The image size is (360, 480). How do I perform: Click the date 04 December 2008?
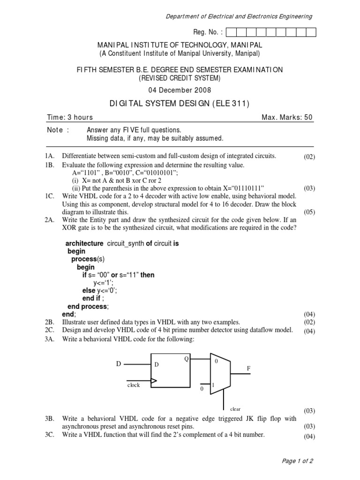(x=180, y=90)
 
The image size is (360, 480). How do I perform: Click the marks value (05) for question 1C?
(x=309, y=212)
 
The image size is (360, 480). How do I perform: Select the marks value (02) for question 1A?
(x=309, y=157)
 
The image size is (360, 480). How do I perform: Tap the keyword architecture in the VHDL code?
(x=84, y=243)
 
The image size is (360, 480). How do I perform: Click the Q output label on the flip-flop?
(x=186, y=359)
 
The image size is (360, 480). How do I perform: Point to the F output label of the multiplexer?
(x=249, y=369)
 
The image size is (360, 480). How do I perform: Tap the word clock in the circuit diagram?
(x=134, y=385)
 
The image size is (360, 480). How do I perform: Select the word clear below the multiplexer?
(x=235, y=409)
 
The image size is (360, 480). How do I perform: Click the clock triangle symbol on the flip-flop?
(x=153, y=381)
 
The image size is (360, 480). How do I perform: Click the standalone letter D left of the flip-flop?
(x=119, y=364)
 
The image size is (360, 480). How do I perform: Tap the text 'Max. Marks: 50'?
(x=287, y=117)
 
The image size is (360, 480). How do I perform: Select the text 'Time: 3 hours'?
(x=70, y=117)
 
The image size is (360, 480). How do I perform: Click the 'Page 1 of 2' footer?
(x=297, y=461)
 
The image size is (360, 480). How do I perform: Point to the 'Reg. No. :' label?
(x=207, y=32)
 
